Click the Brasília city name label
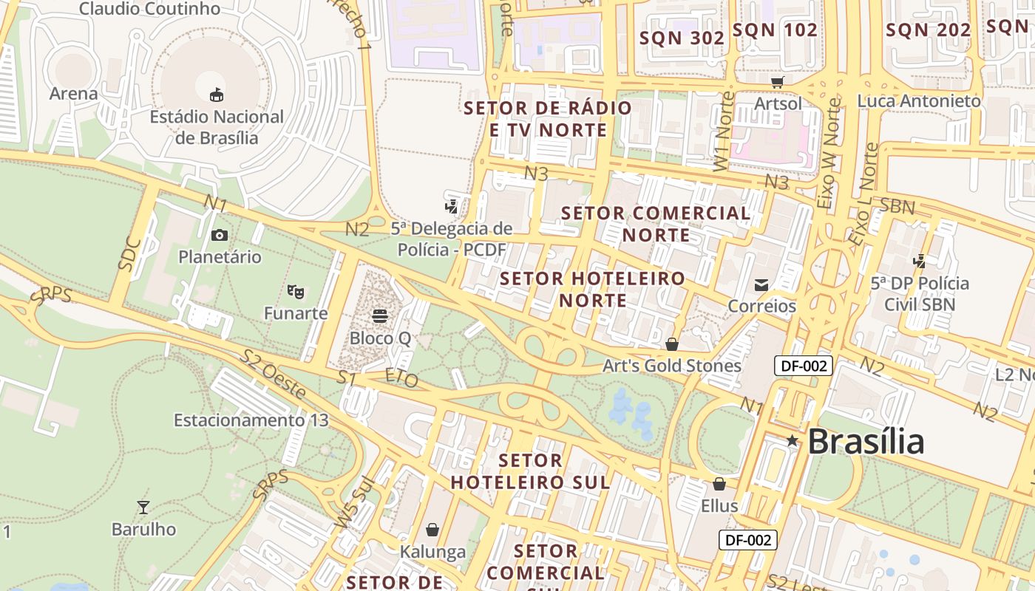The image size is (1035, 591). tap(866, 442)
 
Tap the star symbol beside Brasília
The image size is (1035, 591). tap(793, 441)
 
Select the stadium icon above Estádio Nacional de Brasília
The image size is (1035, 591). tap(217, 95)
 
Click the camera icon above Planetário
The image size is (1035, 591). tap(220, 235)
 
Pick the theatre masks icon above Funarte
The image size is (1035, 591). tap(296, 292)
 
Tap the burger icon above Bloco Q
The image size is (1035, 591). tap(380, 316)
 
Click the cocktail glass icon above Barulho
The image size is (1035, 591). tap(143, 508)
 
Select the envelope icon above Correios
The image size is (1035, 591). tap(761, 284)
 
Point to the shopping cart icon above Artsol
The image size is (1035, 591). tap(777, 81)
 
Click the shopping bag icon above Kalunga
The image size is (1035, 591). tap(432, 530)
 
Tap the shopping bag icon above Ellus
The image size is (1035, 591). tap(719, 484)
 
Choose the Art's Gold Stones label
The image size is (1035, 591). tap(671, 366)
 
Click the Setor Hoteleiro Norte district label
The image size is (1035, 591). tap(593, 290)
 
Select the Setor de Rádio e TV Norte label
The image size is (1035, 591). tap(548, 119)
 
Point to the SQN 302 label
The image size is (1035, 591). tap(682, 38)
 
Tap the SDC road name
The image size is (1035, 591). tap(129, 253)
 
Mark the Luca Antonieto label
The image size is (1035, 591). tap(919, 100)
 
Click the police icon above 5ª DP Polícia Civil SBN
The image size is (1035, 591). tap(920, 261)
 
